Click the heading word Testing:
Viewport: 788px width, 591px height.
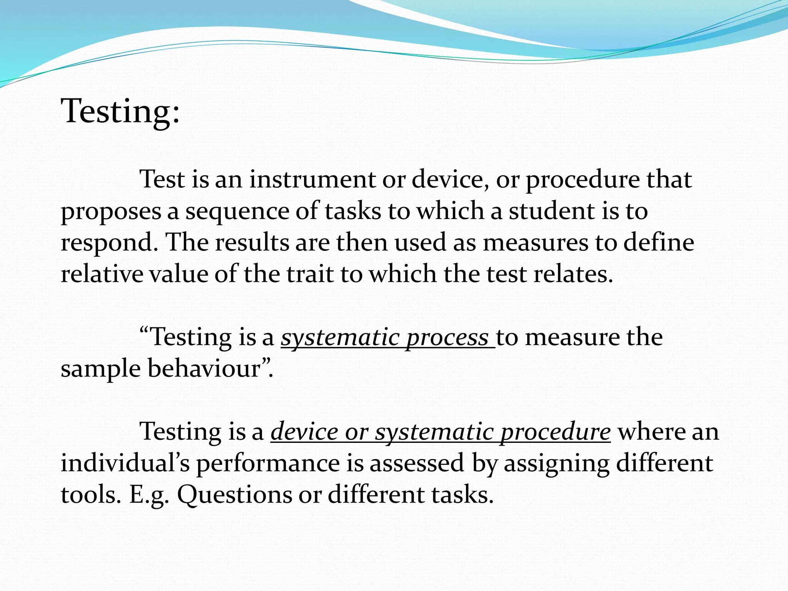tap(120, 112)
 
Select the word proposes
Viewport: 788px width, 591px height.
tap(111, 212)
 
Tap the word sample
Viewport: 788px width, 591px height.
tap(101, 369)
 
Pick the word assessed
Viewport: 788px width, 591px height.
tap(417, 463)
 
